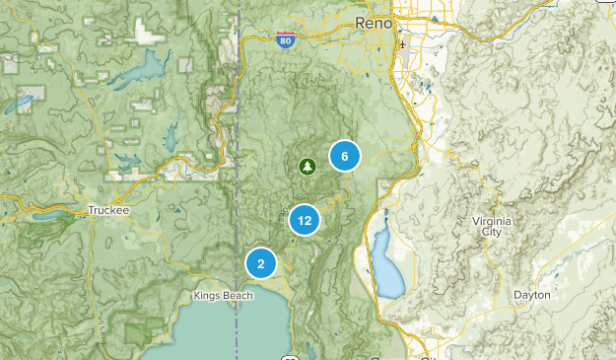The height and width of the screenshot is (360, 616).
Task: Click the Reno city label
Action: click(373, 22)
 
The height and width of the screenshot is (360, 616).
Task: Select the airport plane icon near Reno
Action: click(402, 45)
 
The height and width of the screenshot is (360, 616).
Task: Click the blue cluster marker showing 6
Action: click(344, 156)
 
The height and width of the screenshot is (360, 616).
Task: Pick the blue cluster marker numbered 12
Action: click(304, 221)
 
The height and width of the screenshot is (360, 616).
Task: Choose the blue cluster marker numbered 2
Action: click(261, 263)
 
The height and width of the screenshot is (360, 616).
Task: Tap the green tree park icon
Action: click(307, 166)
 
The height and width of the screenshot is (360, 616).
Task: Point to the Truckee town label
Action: click(107, 210)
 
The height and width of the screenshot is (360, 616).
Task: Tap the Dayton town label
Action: click(531, 295)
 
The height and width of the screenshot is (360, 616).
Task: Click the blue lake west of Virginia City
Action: click(385, 265)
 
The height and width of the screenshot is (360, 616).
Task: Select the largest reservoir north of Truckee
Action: click(139, 71)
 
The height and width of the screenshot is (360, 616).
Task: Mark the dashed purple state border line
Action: click(239, 148)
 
